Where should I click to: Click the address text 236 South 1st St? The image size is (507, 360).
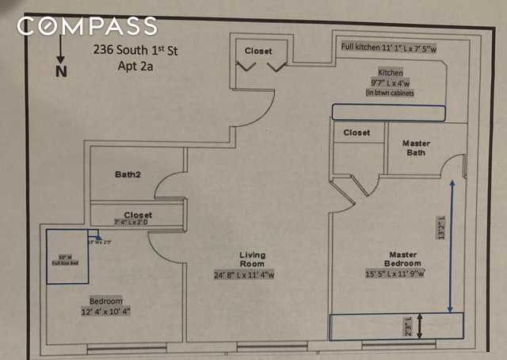[x=136, y=53]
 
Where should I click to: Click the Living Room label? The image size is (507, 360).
[x=253, y=260]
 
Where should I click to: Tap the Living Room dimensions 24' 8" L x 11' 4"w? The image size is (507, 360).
[x=253, y=275]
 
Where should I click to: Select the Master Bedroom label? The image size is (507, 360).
[x=403, y=260]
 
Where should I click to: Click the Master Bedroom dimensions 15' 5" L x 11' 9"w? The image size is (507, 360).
[x=394, y=274]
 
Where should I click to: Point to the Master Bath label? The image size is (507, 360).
[x=416, y=148]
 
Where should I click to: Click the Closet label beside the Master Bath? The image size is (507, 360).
[x=356, y=133]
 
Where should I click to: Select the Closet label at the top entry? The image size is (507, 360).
[x=258, y=51]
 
